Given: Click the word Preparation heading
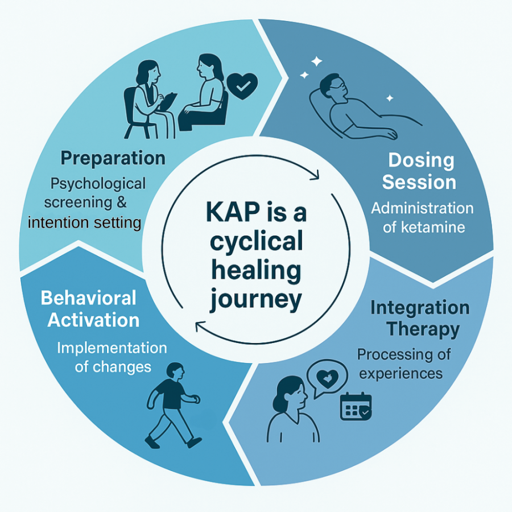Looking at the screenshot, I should point(113,158).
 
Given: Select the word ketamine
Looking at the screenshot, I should point(431,228).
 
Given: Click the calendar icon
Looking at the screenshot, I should point(356,407).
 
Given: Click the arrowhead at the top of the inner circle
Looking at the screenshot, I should point(313,177).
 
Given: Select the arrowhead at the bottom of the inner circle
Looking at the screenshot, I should point(199,326).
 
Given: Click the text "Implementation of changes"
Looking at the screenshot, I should point(112,357).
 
